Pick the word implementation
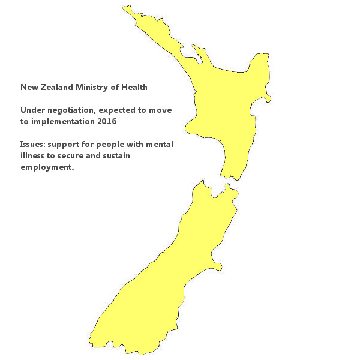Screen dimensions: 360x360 click(61, 121)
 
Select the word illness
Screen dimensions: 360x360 click(32, 156)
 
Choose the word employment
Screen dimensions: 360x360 click(47, 167)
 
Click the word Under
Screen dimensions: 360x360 click(32, 110)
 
